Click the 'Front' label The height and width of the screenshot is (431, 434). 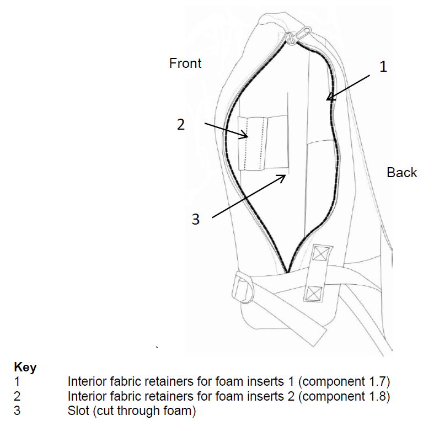(x=185, y=63)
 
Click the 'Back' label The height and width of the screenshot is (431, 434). (x=401, y=173)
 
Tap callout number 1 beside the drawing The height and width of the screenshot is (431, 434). (x=383, y=67)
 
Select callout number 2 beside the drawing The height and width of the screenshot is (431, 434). (x=181, y=125)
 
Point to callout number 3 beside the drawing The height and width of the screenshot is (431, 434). (x=195, y=219)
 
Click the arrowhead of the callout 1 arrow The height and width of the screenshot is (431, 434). (x=328, y=99)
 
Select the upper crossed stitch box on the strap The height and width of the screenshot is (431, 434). (x=320, y=254)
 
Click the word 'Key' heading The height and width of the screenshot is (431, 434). (x=25, y=368)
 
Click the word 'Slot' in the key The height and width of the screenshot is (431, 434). (x=78, y=411)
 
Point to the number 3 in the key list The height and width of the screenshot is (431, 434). (x=17, y=411)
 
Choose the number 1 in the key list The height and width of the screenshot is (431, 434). (x=17, y=381)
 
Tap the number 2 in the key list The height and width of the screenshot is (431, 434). (x=17, y=396)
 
